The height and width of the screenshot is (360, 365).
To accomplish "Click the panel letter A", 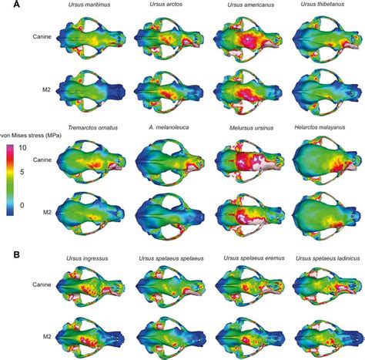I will pyautogui.click(x=7, y=5).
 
